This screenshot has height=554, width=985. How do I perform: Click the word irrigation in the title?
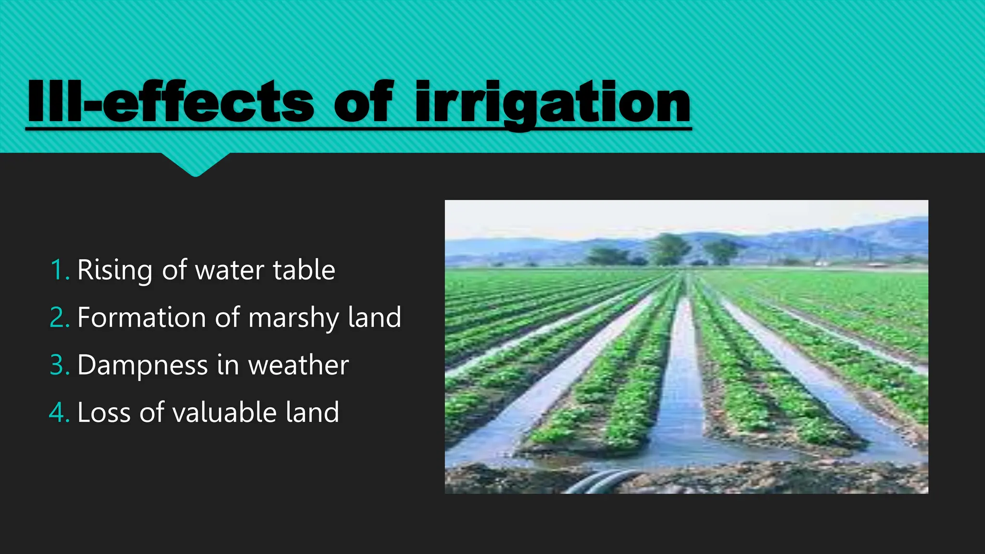point(553,102)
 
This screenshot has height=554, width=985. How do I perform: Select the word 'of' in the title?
point(364,102)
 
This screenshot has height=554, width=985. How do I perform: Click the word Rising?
point(114,270)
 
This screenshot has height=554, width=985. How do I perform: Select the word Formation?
point(141,317)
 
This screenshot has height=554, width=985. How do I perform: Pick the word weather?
point(298,365)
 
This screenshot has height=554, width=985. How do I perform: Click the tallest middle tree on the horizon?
point(669,248)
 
